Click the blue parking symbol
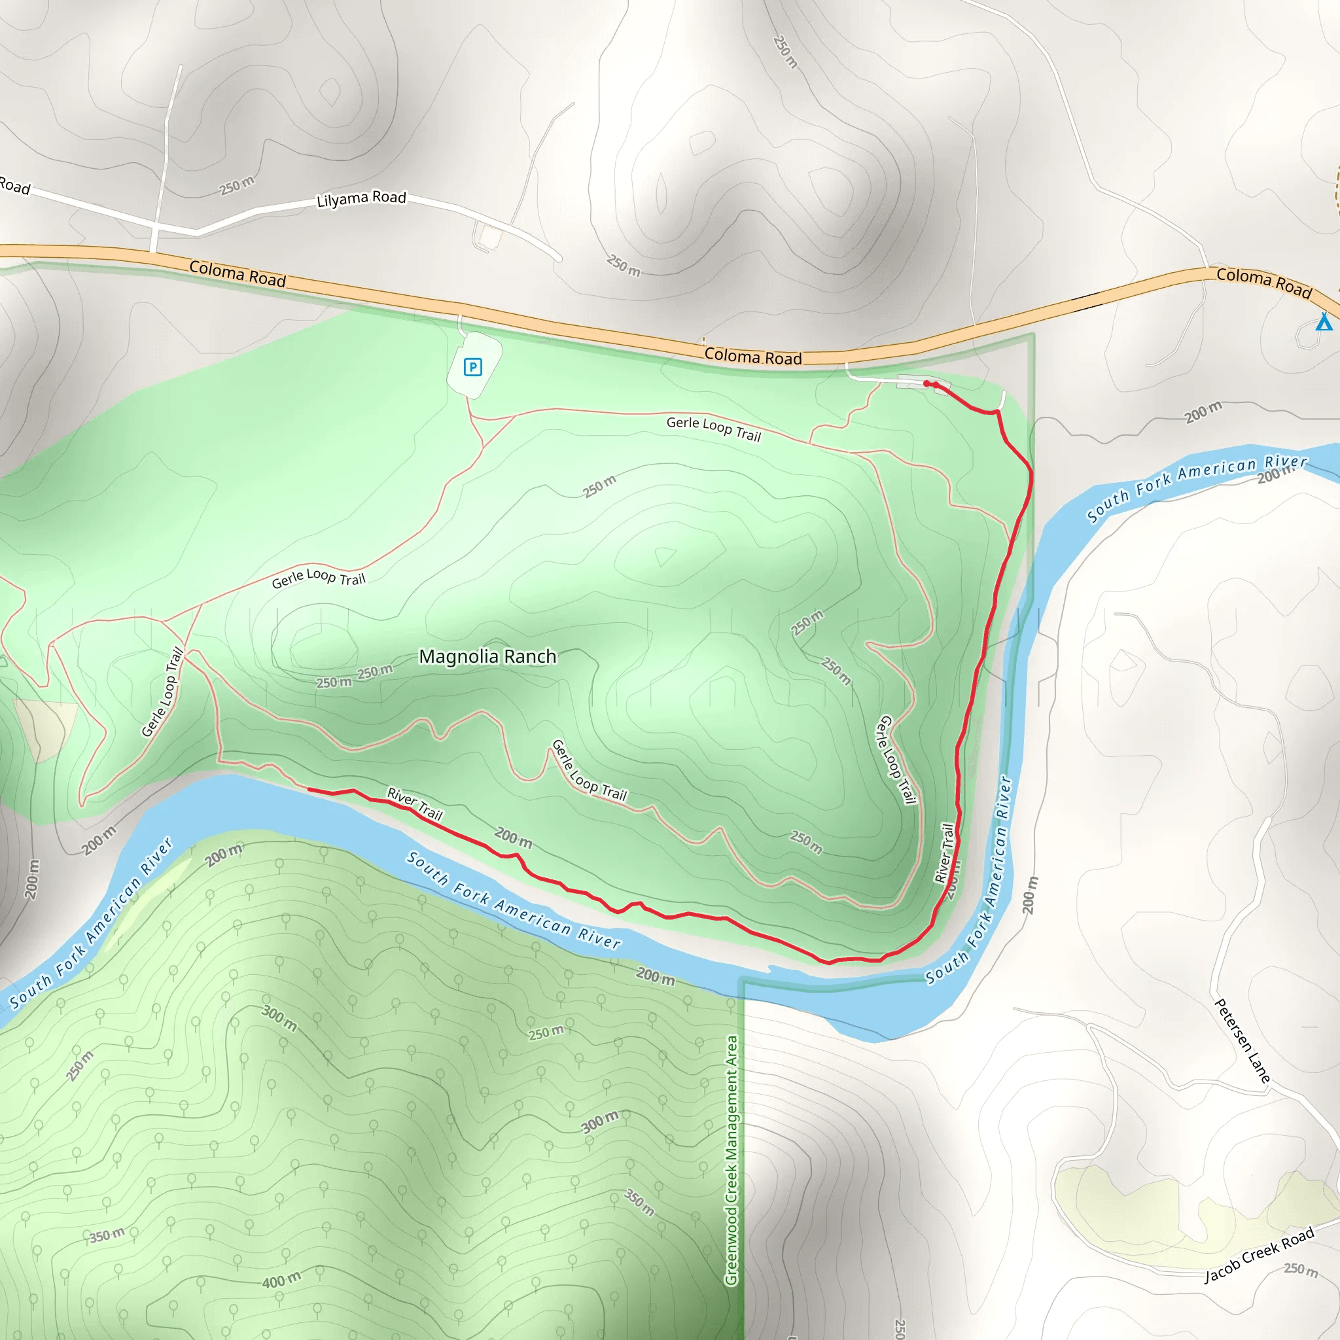coord(473,367)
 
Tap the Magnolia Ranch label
coord(487,656)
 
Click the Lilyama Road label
coord(361,199)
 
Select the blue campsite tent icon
coord(1324,322)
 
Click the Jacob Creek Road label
coord(1259,1255)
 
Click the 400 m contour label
coord(281,1280)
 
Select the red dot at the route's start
coord(926,383)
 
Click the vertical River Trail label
coord(945,853)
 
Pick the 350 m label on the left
coord(107,1235)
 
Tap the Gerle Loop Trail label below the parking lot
coord(714,429)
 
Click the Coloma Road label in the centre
coord(753,357)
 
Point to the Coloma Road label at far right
coord(1263,281)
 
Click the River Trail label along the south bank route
coord(415,804)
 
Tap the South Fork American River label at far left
coord(90,923)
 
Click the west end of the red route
coord(309,789)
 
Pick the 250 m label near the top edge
coord(785,52)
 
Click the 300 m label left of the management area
coord(601,1121)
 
